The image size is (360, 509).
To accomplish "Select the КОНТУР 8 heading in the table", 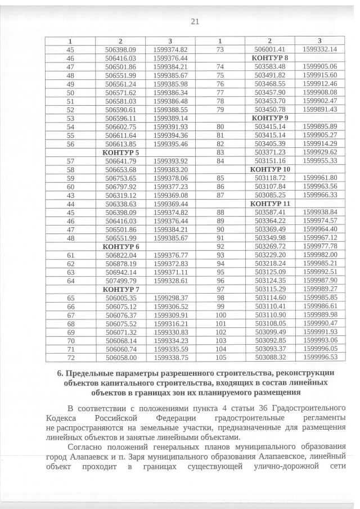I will [x=270, y=58].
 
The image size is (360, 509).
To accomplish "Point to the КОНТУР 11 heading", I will [x=270, y=203].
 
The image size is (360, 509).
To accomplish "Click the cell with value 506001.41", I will [x=270, y=49].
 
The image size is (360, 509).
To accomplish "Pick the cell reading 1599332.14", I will [x=319, y=49].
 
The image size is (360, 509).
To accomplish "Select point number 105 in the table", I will [x=220, y=357].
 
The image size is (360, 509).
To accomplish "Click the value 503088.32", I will [x=270, y=357].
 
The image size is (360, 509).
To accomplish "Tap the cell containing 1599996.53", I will [x=319, y=357].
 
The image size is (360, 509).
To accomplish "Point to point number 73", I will [x=220, y=49].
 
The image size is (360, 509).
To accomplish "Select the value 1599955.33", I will [x=319, y=161].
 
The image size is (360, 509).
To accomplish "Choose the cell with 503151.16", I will [x=270, y=161].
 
